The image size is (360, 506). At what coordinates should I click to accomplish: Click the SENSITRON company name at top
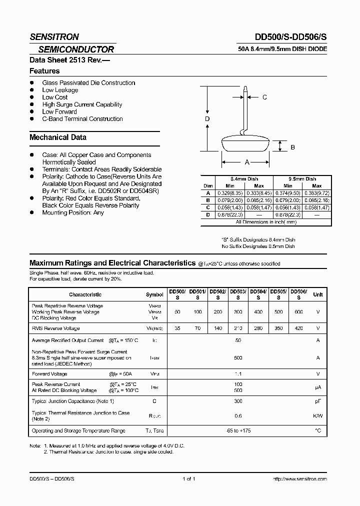(x=54, y=37)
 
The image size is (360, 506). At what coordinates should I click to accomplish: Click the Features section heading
(x=44, y=71)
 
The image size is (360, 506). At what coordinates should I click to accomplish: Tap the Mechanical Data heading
(x=58, y=137)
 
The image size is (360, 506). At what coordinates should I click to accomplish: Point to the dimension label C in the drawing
(x=264, y=97)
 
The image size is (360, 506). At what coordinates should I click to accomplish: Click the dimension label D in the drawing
(x=207, y=119)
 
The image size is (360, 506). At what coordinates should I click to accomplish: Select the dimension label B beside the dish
(x=292, y=147)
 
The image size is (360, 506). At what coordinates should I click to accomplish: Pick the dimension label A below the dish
(x=246, y=162)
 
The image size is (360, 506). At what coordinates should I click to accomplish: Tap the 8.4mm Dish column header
(x=244, y=179)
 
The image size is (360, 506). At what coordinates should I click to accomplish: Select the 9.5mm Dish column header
(x=302, y=179)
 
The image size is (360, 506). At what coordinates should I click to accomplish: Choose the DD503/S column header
(x=237, y=294)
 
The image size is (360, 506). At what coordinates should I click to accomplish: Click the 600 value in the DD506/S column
(x=298, y=311)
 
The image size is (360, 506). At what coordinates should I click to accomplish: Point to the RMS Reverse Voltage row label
(x=55, y=328)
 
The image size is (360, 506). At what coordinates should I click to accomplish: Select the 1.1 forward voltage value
(x=238, y=373)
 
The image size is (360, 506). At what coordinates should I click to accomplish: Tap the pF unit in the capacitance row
(x=317, y=401)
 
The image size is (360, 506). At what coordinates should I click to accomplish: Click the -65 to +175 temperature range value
(x=238, y=430)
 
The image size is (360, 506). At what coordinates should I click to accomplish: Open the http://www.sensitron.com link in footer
(x=300, y=479)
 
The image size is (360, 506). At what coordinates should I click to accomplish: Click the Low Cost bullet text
(x=55, y=97)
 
